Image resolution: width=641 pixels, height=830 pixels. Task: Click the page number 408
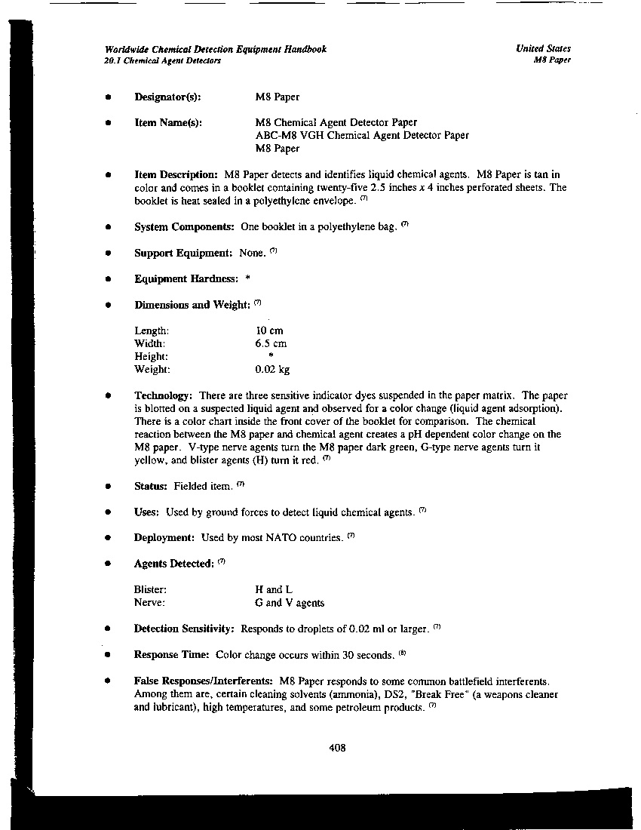(x=337, y=749)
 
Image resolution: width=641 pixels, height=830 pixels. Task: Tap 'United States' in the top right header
(x=543, y=49)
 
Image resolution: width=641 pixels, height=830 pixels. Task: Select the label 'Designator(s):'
(x=167, y=97)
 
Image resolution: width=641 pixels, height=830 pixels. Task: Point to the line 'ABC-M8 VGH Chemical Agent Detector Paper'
(x=362, y=136)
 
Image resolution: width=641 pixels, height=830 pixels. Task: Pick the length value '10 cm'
(x=269, y=331)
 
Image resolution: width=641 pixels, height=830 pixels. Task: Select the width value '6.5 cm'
(x=271, y=344)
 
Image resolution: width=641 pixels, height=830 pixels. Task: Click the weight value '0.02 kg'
(x=272, y=370)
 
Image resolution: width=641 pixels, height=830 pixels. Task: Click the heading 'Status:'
(x=151, y=486)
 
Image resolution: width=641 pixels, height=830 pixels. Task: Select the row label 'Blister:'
(x=150, y=589)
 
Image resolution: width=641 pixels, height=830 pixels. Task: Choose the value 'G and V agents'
(x=290, y=603)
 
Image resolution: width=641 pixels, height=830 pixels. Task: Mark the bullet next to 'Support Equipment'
(x=109, y=253)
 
